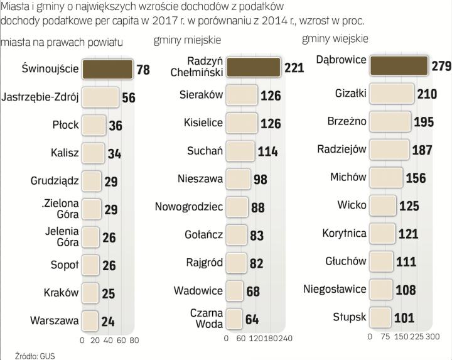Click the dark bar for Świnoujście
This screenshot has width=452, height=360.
(107, 68)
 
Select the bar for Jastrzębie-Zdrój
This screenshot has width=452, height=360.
(100, 97)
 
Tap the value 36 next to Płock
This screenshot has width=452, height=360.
(116, 125)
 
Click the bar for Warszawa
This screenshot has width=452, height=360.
(90, 320)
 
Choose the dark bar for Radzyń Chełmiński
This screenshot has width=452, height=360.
(253, 67)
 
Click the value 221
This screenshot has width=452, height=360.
(294, 67)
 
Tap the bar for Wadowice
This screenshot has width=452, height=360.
(234, 291)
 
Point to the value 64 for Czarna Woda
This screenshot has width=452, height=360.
(252, 319)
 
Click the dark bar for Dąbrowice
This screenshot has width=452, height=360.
(399, 65)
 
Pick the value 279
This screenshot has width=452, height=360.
(441, 66)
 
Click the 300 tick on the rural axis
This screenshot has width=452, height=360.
(432, 337)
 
